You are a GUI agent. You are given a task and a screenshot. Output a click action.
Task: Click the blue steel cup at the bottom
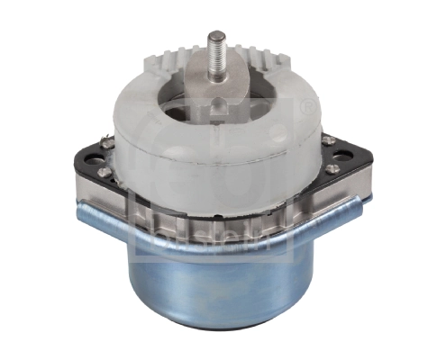coord(216,288)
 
